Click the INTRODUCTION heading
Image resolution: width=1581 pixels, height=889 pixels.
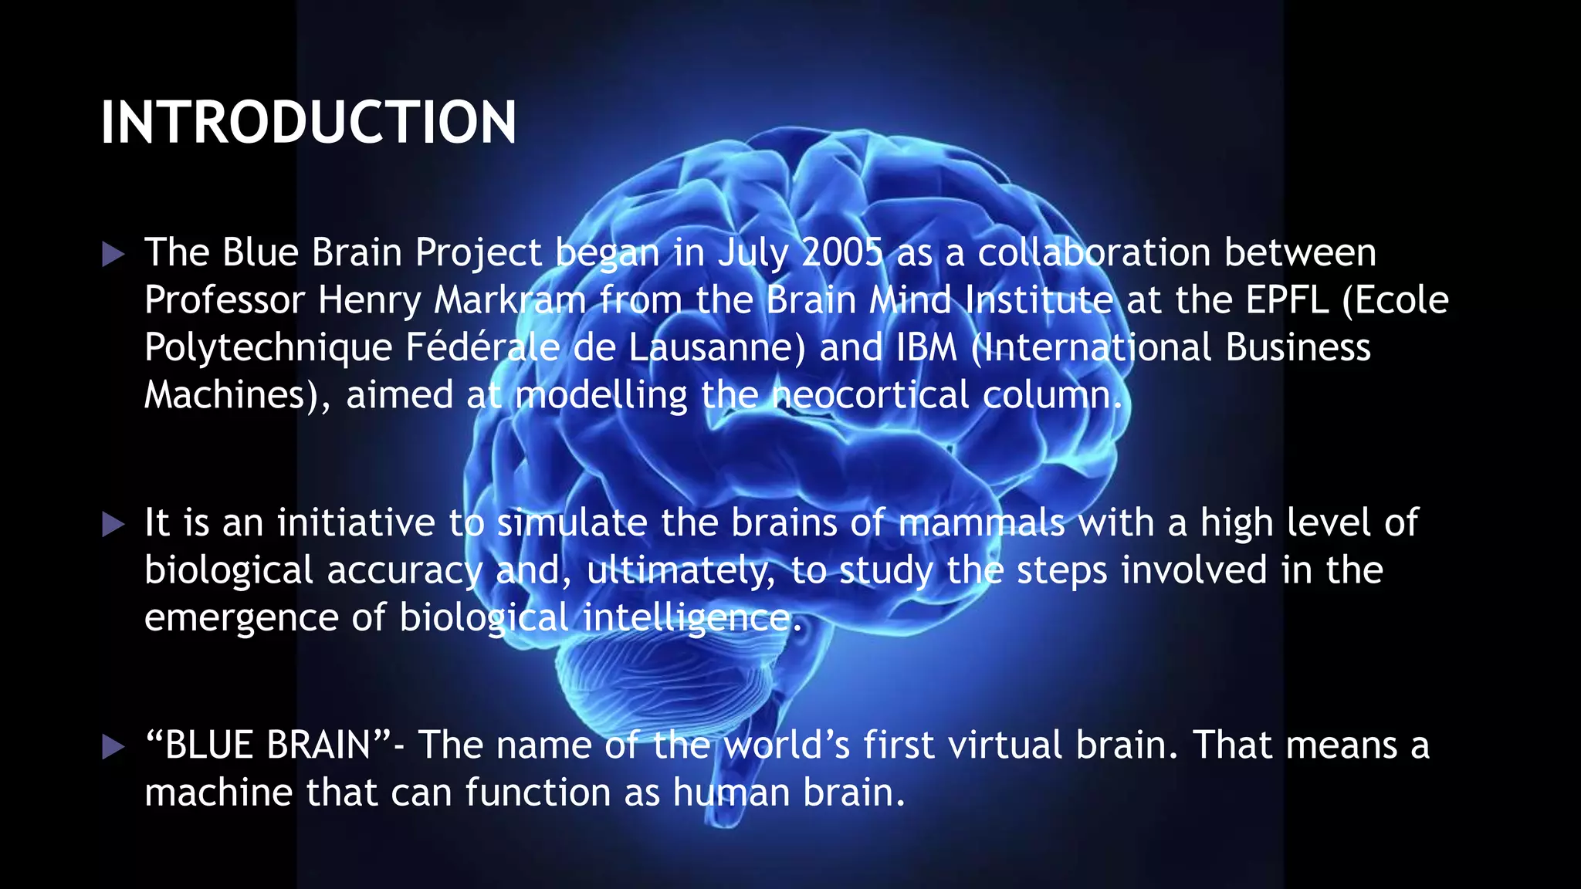pos(308,123)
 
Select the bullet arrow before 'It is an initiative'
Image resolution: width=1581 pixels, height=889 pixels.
pos(113,525)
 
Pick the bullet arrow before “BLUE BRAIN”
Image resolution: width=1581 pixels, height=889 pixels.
pos(113,747)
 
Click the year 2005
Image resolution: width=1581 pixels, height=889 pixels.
pos(842,253)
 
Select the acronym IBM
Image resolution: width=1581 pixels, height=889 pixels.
pos(926,347)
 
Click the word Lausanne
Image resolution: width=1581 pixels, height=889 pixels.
pos(716,347)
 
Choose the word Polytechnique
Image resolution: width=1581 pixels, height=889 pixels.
pos(268,349)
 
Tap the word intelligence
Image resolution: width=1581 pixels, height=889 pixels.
pos(687,619)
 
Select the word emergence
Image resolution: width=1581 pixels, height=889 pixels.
pos(241,619)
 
